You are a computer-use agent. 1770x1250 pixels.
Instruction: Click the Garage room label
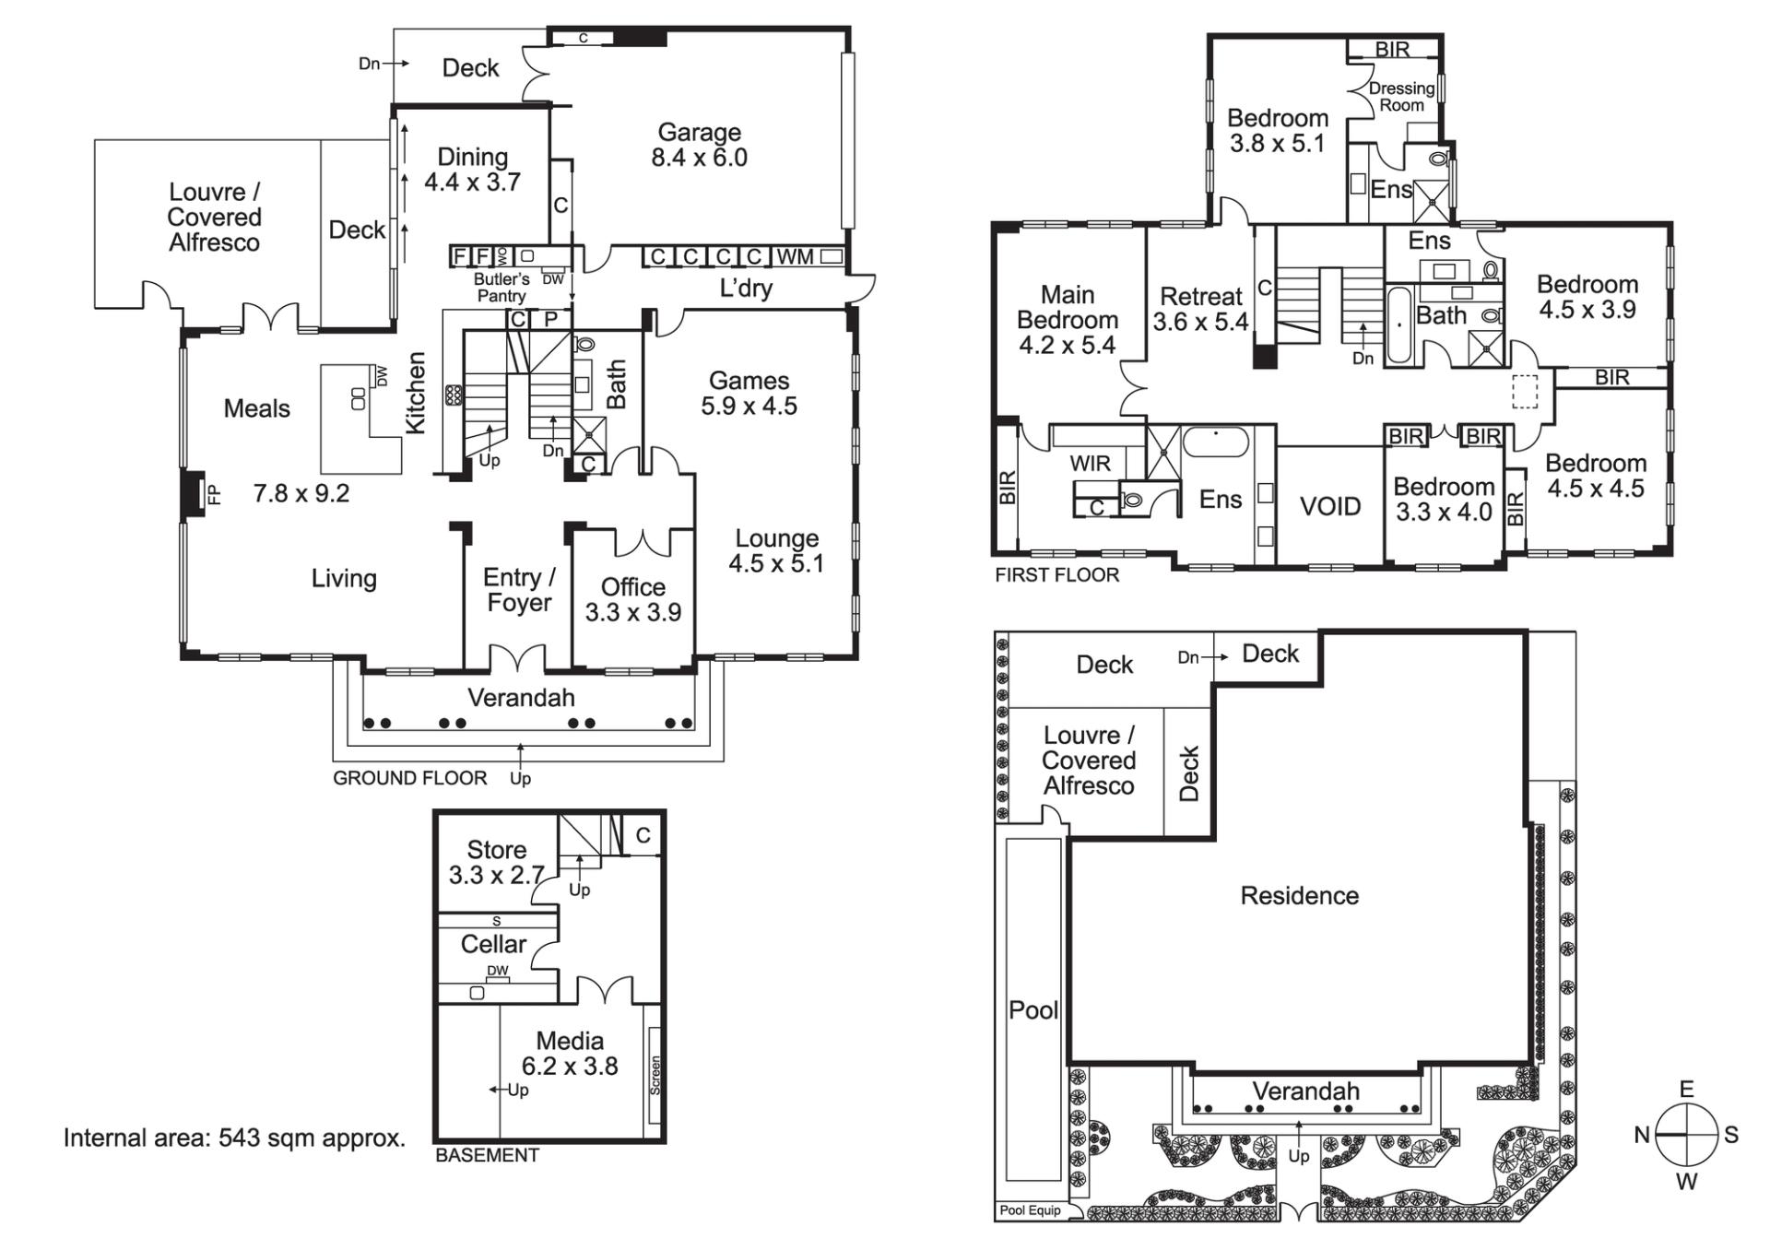pos(699,133)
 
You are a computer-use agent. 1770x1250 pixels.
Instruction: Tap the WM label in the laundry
pos(795,256)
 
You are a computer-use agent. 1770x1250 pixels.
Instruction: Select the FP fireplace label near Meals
pos(214,495)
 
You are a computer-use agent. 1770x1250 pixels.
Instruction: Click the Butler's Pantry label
pos(501,288)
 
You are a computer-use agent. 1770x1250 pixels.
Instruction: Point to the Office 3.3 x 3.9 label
pos(633,600)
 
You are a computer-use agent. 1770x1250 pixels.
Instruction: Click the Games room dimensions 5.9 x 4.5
pos(749,407)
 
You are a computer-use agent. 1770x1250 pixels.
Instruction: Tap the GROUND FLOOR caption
pos(410,778)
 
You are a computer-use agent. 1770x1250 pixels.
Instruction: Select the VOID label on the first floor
pos(1330,506)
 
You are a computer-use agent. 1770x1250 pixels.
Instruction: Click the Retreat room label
pos(1201,297)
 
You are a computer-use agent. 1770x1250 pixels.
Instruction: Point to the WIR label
pos(1091,464)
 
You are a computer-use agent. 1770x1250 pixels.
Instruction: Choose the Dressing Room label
pos(1401,97)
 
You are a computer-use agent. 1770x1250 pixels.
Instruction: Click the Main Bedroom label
pos(1068,308)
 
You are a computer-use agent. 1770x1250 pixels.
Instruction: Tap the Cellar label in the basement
pos(493,944)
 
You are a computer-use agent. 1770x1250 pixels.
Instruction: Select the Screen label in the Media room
pos(655,1075)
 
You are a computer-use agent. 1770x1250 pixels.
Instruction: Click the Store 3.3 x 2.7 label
pos(496,863)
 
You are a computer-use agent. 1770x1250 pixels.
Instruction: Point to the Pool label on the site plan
pos(1033,1010)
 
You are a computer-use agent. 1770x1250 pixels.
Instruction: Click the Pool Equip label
pos(1031,1210)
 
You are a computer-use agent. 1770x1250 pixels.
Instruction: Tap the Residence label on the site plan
pos(1300,896)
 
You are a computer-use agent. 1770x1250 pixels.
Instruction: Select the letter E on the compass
pos(1687,1090)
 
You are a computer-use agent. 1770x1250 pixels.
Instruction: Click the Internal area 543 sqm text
pos(234,1138)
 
